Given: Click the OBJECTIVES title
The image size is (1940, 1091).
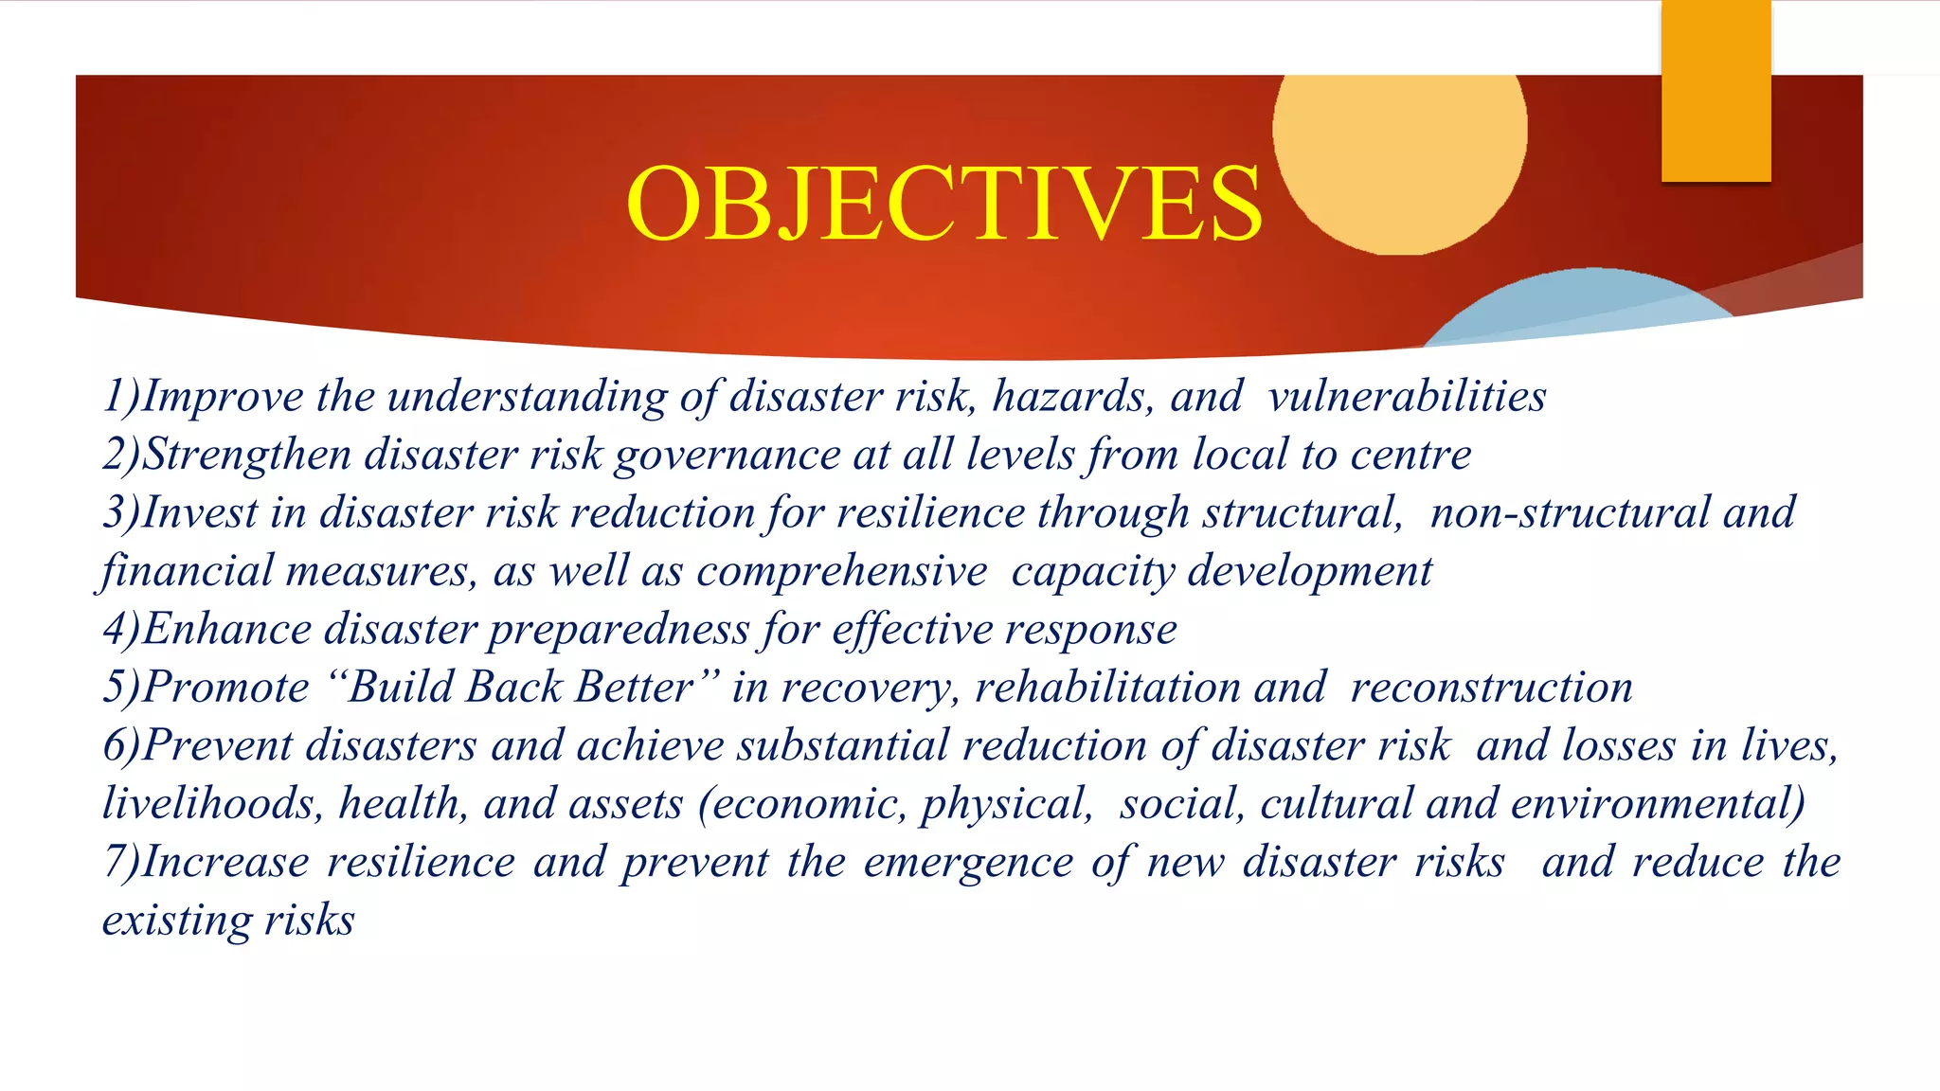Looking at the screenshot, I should click(x=943, y=204).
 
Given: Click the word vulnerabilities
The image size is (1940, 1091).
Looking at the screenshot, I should click(x=1407, y=396).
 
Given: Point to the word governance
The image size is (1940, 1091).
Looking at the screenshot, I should click(x=727, y=456).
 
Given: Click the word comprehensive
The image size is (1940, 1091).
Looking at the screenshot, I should click(x=841, y=572).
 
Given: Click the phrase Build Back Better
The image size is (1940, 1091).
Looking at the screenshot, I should click(x=522, y=688).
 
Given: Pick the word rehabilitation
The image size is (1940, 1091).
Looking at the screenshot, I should click(x=1107, y=688).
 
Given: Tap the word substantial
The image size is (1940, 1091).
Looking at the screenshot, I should click(x=842, y=746).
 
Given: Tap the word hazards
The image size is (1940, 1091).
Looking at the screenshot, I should click(x=1072, y=396).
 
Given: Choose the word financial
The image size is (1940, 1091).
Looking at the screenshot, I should click(x=188, y=572).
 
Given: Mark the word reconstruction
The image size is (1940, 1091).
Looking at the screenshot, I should click(x=1491, y=688).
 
